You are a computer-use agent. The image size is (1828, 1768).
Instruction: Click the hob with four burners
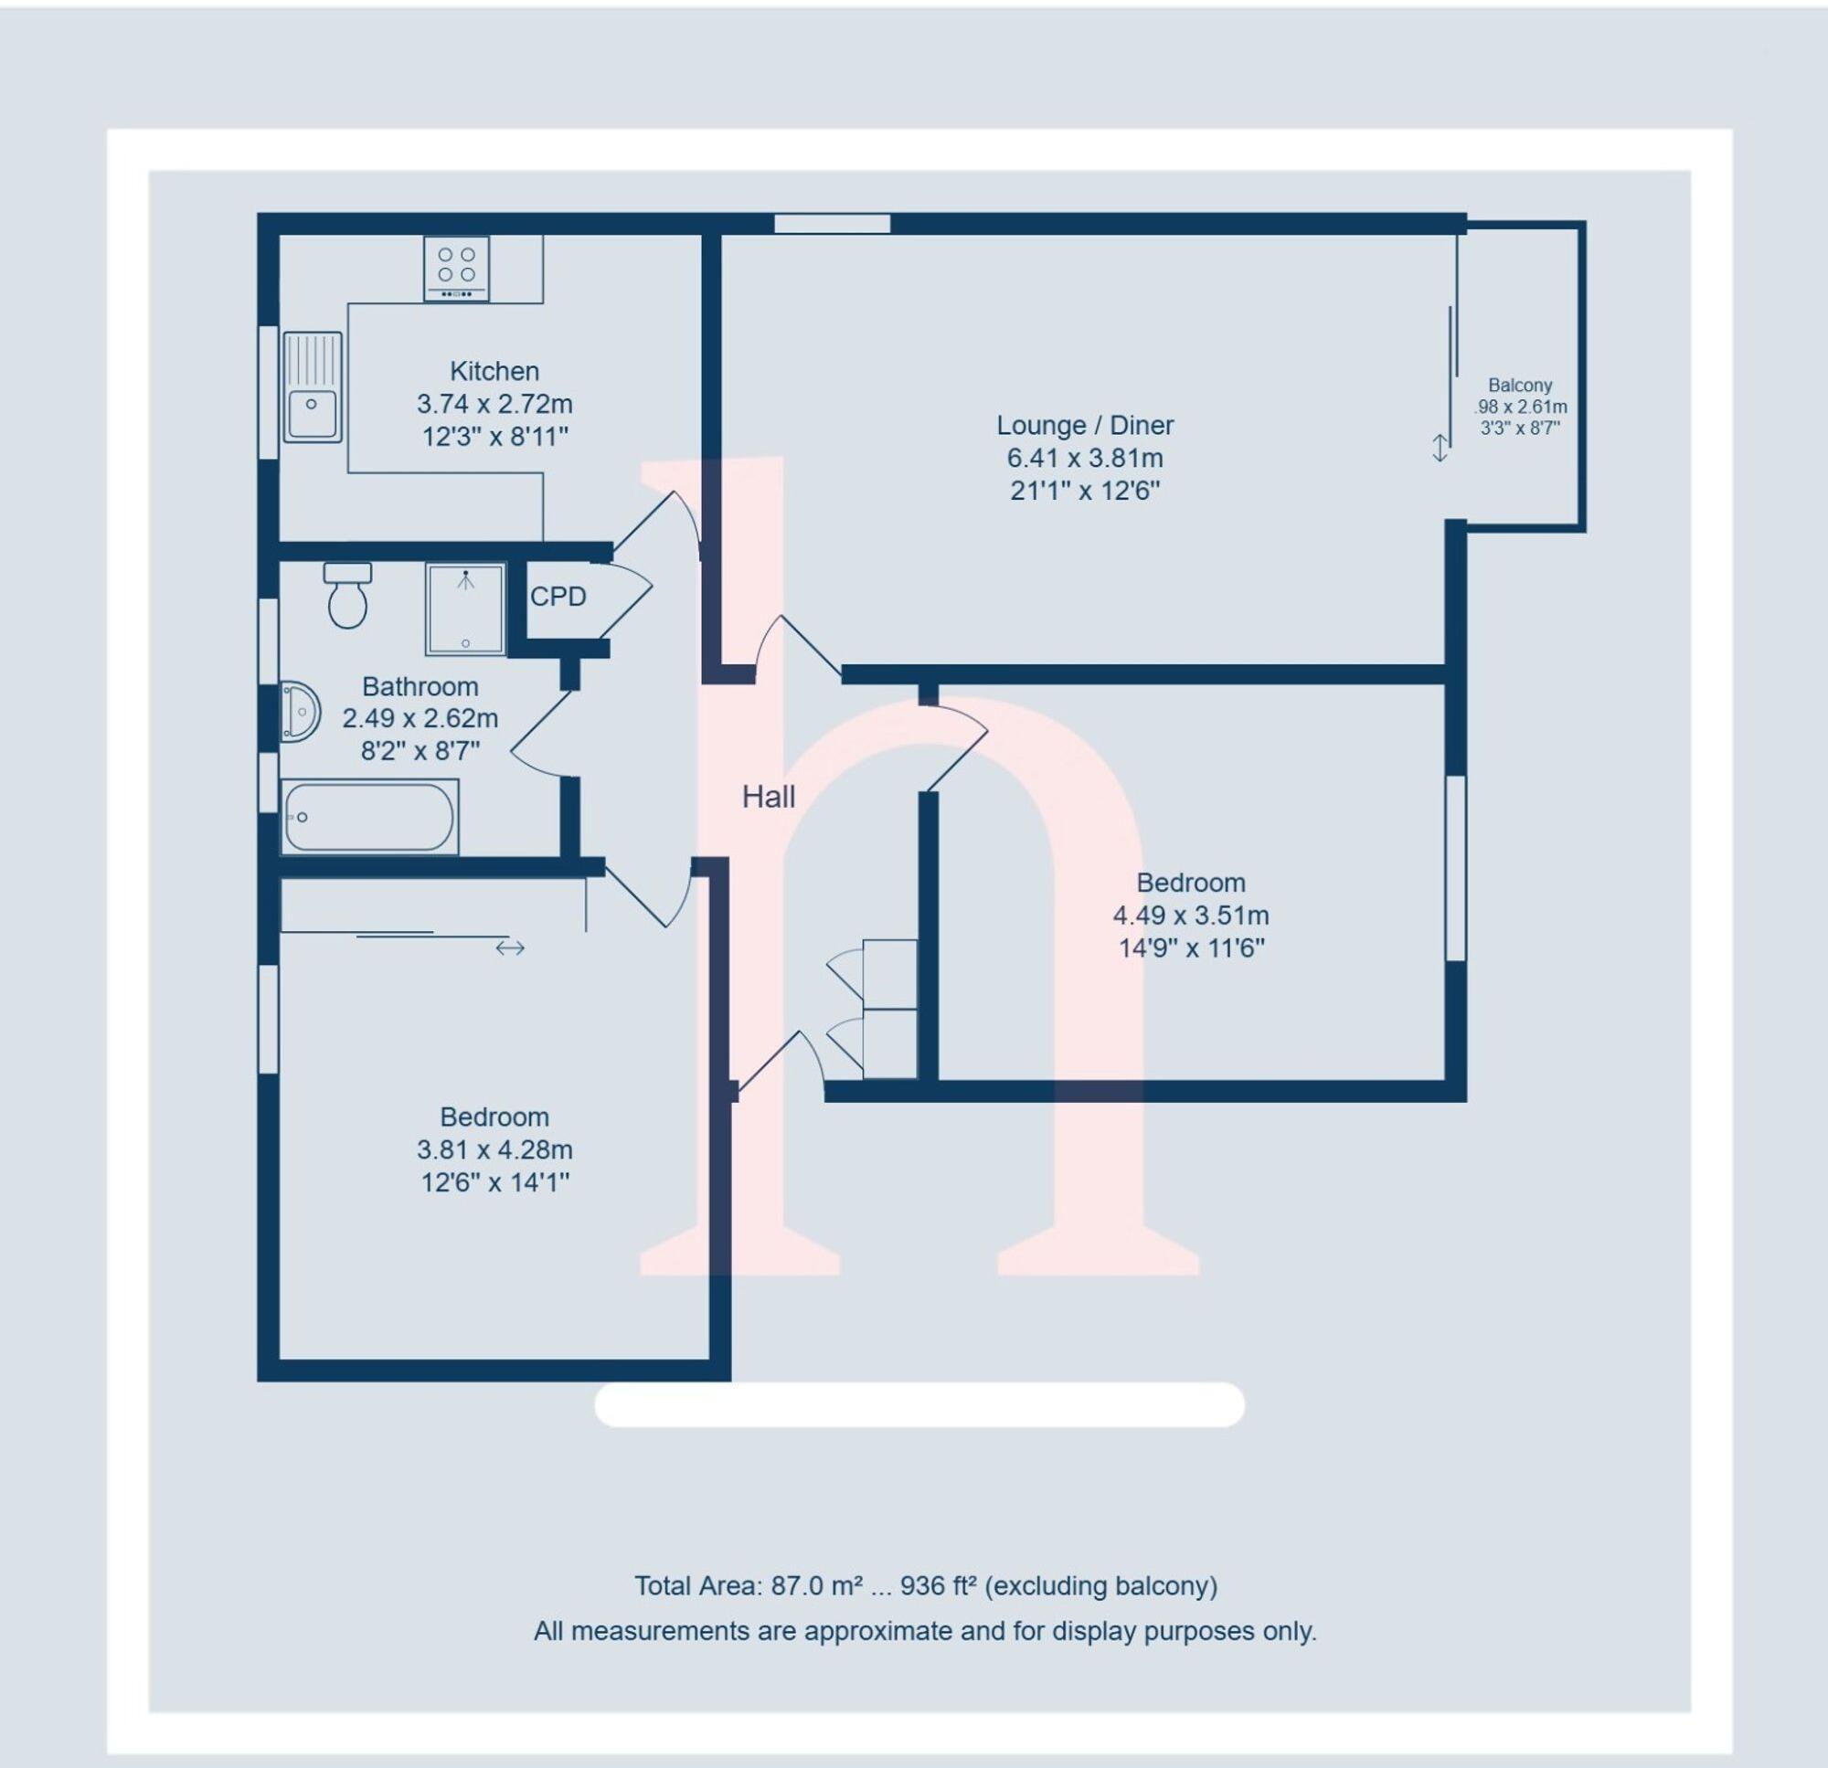point(457,267)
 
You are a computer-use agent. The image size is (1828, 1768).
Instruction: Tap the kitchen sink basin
point(313,414)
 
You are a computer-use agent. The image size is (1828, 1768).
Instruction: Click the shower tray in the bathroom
point(465,609)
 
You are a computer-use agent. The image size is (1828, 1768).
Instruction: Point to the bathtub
point(369,817)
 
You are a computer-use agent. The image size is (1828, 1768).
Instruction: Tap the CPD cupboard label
point(558,597)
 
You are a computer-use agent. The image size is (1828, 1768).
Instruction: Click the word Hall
point(769,798)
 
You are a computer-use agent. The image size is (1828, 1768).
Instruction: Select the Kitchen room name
point(494,371)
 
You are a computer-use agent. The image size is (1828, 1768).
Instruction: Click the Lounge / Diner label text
point(1085,425)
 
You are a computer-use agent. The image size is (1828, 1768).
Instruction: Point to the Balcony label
point(1519,385)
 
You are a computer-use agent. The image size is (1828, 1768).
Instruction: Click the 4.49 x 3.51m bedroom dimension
point(1190,916)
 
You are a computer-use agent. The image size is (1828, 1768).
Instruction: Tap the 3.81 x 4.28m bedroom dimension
point(494,1149)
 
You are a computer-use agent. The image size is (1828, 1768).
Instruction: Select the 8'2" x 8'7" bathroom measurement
point(420,751)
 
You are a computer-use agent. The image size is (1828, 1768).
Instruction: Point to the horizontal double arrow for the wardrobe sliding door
point(510,948)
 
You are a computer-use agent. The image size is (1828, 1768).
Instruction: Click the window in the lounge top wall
point(832,224)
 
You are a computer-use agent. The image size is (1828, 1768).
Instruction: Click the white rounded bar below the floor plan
point(919,1404)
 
